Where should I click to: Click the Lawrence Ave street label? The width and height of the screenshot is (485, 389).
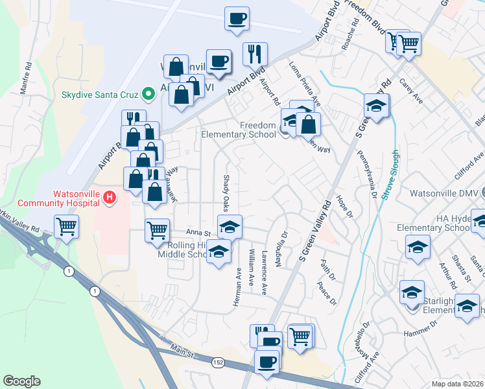pos(265,273)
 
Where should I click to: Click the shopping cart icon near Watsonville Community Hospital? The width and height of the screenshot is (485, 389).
pos(66,228)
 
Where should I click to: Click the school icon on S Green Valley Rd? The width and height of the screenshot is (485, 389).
pos(377,106)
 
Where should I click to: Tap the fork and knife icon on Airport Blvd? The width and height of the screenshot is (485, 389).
pos(255,54)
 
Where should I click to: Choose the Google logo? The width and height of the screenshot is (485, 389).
pos(22,381)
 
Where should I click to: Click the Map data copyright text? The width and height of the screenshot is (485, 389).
pos(458,384)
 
